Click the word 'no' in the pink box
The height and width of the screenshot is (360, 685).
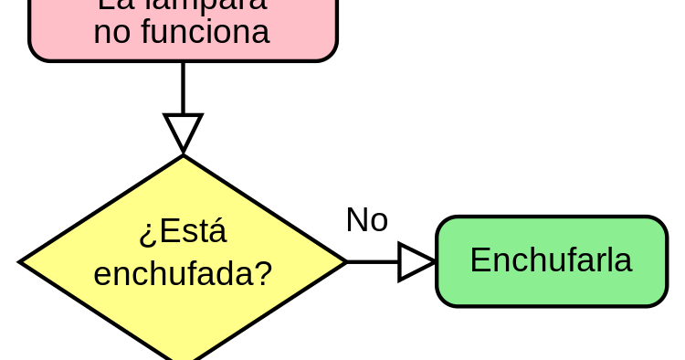point(112,33)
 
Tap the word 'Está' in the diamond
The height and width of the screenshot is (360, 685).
point(193,232)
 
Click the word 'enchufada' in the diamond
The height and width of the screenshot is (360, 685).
point(173,273)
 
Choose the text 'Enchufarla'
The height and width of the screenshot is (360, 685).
point(551,260)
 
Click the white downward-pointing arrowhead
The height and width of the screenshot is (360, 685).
point(183,131)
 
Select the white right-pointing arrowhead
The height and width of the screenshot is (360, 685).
point(415,262)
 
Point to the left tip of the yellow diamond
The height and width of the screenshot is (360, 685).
point(26,262)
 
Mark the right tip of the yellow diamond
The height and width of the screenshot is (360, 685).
point(340,262)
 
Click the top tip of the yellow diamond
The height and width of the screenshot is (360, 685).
point(183,161)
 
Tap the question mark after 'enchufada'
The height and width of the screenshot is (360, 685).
point(264,273)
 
